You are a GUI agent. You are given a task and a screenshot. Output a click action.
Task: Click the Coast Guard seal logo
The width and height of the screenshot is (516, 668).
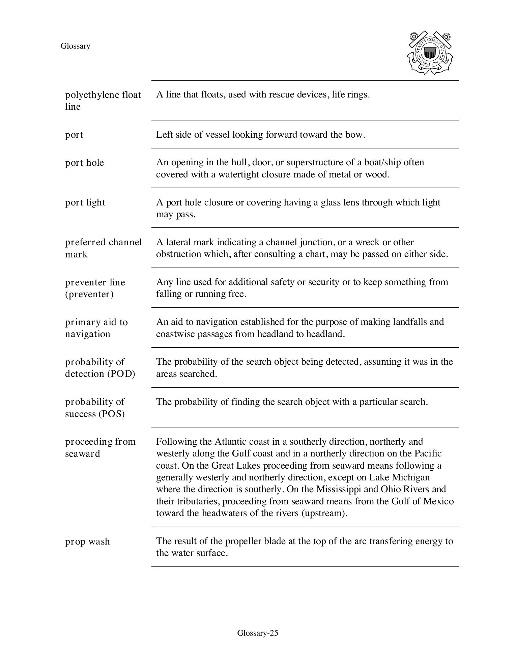[x=430, y=53]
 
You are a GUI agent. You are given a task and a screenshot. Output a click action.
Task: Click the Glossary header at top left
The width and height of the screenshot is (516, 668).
[x=75, y=46]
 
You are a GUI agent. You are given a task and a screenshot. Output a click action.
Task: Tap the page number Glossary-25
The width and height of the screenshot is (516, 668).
[x=258, y=633]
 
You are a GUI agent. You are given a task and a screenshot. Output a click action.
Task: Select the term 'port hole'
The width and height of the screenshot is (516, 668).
[x=84, y=163]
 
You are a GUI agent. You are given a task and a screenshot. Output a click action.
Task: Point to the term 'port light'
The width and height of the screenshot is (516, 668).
[x=85, y=202]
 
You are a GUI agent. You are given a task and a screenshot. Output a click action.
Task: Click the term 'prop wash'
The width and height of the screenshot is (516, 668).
[x=87, y=541]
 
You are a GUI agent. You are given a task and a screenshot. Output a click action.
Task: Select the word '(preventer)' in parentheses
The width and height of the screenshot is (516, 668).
[x=89, y=294]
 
